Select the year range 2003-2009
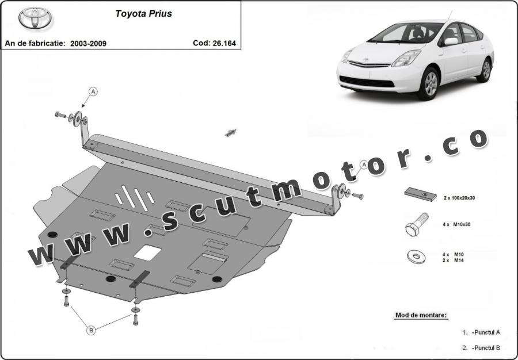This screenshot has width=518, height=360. point(88,43)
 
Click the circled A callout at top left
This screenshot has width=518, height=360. point(93,91)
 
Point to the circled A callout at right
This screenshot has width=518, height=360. point(364,165)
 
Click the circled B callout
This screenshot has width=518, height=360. point(91,330)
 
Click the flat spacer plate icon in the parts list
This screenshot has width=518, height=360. point(420,194)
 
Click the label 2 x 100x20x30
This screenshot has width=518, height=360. point(463,198)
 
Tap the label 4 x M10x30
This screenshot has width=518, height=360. point(456,224)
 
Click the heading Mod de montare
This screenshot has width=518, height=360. point(421,315)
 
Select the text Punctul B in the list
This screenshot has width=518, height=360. point(486,348)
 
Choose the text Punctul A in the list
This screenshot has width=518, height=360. point(486,332)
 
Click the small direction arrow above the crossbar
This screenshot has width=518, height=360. point(231,133)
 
